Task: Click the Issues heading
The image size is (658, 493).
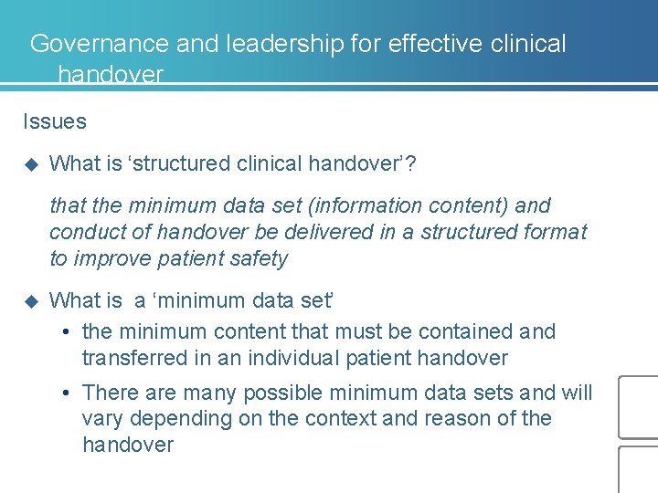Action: coord(55,121)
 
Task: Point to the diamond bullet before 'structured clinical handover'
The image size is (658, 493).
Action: coord(30,164)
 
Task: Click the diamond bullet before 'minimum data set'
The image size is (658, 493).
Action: coord(30,300)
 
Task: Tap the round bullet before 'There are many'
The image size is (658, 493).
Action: coord(68,393)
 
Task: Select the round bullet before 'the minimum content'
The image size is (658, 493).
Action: coord(68,332)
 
